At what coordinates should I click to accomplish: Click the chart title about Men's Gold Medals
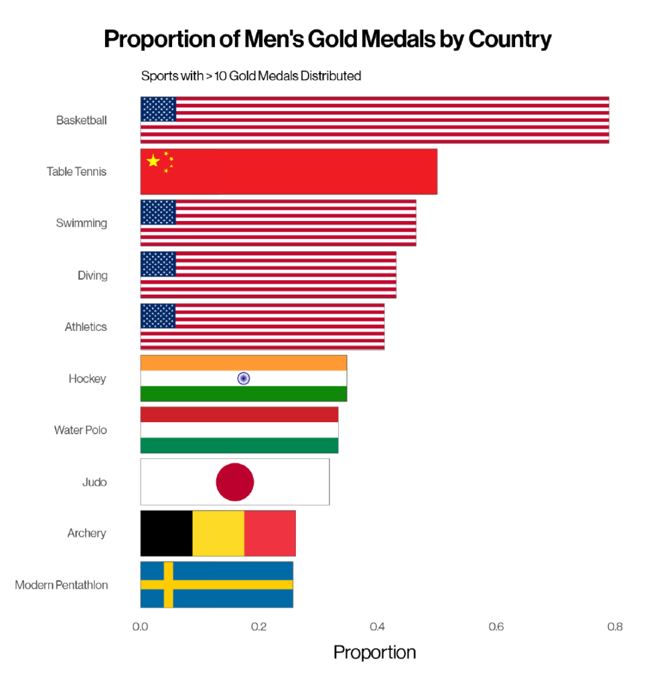click(328, 40)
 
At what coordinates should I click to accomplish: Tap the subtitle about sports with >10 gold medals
click(250, 76)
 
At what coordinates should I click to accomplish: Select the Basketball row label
click(81, 121)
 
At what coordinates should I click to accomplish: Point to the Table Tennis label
click(76, 171)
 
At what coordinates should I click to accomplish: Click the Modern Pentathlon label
click(61, 585)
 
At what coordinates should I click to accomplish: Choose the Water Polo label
click(80, 430)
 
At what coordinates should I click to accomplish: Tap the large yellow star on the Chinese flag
click(153, 161)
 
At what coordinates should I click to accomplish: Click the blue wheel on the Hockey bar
click(243, 379)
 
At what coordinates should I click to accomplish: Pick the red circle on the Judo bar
click(234, 482)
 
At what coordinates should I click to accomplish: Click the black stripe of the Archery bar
click(166, 533)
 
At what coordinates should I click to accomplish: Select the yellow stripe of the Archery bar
click(218, 533)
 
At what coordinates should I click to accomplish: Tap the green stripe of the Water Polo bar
click(239, 445)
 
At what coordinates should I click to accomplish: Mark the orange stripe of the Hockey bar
click(243, 362)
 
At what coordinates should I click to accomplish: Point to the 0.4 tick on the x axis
click(377, 628)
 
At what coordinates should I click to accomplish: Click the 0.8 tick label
click(614, 628)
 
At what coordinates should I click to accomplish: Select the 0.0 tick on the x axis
click(140, 628)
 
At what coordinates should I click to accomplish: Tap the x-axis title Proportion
click(374, 653)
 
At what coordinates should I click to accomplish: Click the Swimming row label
click(81, 223)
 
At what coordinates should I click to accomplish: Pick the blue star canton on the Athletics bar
click(158, 316)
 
